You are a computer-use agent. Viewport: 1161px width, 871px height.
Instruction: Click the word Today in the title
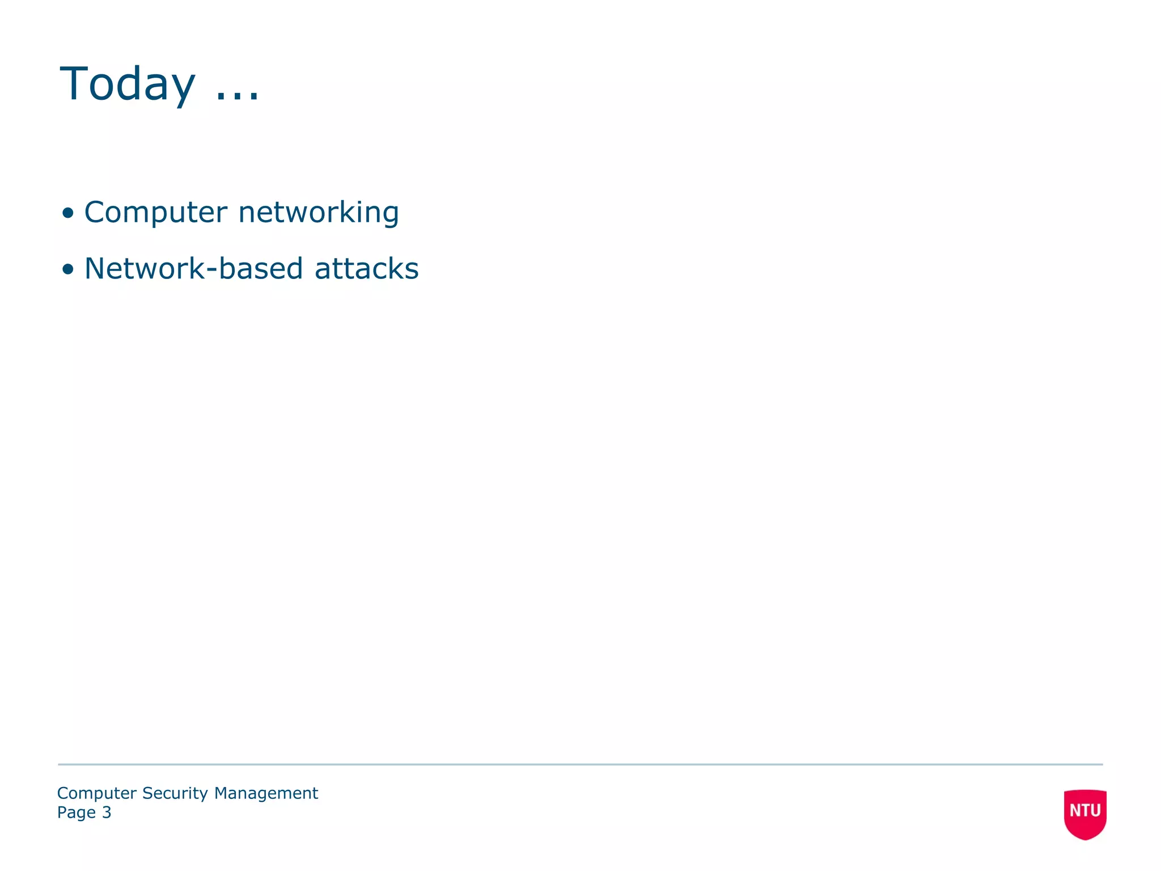point(128,84)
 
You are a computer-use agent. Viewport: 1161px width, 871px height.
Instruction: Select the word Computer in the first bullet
point(155,213)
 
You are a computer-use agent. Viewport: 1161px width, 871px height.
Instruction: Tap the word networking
point(319,213)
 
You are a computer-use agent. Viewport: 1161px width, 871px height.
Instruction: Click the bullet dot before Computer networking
point(68,213)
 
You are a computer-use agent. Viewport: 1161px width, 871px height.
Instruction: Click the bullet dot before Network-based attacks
point(68,269)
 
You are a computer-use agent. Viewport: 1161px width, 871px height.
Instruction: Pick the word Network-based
point(193,268)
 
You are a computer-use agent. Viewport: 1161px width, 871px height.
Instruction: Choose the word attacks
point(366,268)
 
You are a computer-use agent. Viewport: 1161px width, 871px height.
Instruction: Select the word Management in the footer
point(266,793)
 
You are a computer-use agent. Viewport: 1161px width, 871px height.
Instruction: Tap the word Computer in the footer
point(97,793)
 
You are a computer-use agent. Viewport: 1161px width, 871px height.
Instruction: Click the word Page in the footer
point(77,813)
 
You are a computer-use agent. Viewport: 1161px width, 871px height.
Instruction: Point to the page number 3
point(107,813)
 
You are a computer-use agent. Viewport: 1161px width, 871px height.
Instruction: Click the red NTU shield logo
point(1085,813)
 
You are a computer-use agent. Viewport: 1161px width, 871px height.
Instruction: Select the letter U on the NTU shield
point(1095,810)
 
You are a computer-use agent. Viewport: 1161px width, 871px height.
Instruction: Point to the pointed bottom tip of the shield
point(1085,839)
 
